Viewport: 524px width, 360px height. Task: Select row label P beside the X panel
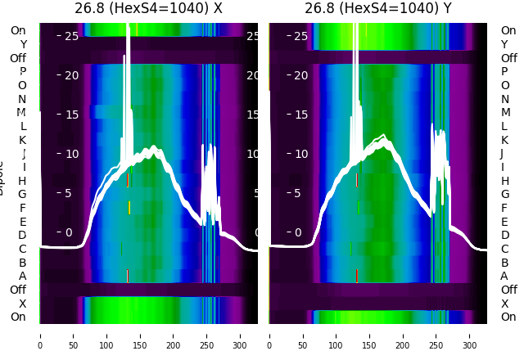pos(23,71)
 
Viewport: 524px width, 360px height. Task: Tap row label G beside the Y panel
pos(504,194)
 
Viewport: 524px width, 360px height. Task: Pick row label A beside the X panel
pos(23,276)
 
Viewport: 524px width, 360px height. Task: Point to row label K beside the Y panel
pos(504,140)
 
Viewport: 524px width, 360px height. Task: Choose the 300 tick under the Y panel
pos(470,335)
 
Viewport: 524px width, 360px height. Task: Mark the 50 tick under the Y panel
pos(303,335)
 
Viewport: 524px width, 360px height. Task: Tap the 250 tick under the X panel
pos(207,335)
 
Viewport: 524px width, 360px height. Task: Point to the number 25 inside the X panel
pos(71,36)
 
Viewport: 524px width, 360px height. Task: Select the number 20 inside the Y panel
pos(300,75)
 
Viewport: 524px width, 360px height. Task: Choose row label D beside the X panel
pos(23,235)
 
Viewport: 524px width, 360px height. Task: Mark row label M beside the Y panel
pos(504,112)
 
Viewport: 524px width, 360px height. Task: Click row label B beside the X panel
pos(23,263)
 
